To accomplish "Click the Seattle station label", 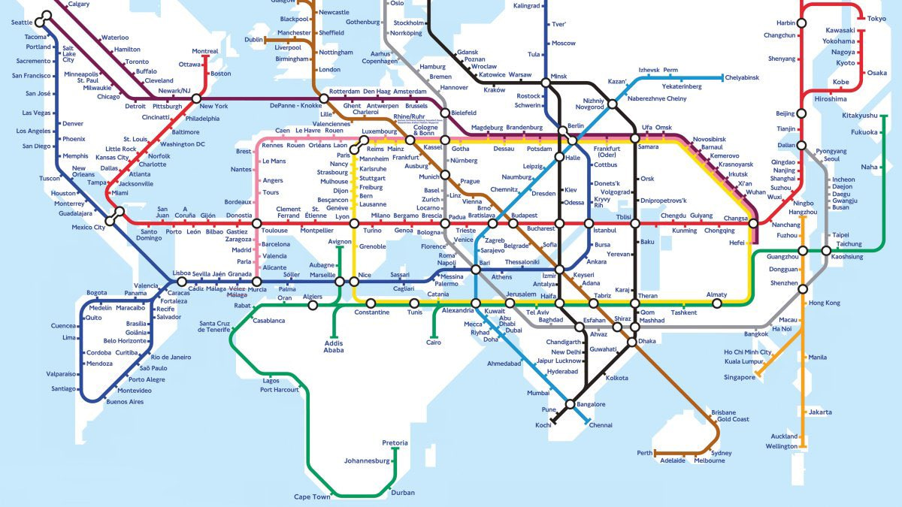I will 22,23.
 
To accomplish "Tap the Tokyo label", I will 876,19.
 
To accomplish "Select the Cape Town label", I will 312,497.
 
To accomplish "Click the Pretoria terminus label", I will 395,443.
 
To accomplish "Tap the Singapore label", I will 740,377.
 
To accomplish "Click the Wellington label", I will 781,446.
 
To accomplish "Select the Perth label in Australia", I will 644,453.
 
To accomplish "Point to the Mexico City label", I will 89,227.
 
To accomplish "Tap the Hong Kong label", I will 825,303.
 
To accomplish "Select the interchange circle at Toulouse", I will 256,223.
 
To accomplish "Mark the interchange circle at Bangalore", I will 571,404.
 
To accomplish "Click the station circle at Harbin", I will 801,23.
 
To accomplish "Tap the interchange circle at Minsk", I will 546,83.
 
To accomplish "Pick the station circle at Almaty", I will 717,303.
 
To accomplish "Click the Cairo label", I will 434,343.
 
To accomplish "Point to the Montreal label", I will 205,51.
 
